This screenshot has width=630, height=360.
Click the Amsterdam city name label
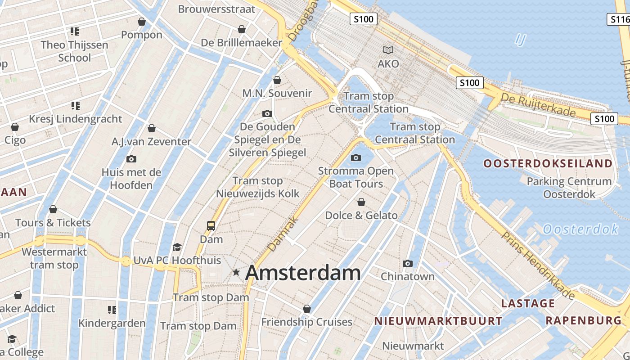point(303,273)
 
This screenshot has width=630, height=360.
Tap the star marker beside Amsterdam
point(236,272)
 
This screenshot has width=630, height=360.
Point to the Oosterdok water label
point(580,229)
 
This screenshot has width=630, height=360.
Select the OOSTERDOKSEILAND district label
point(548,163)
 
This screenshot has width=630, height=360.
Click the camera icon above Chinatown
point(408,263)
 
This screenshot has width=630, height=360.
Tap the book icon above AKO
point(388,50)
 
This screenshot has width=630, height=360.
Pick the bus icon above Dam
point(211,225)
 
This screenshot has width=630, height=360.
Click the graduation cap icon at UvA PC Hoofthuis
point(177,247)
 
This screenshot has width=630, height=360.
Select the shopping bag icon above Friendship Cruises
point(307,309)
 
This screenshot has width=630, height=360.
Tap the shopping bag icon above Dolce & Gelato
point(361,202)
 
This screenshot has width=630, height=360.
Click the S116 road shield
point(619,19)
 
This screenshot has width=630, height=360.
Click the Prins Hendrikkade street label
point(538,265)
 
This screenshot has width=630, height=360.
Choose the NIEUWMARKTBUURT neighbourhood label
point(438,321)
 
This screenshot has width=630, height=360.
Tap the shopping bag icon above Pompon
point(142,22)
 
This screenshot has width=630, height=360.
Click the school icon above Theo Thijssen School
point(75,31)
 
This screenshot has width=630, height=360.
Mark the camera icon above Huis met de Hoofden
point(131,159)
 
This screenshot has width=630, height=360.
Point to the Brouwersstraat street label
point(216,9)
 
